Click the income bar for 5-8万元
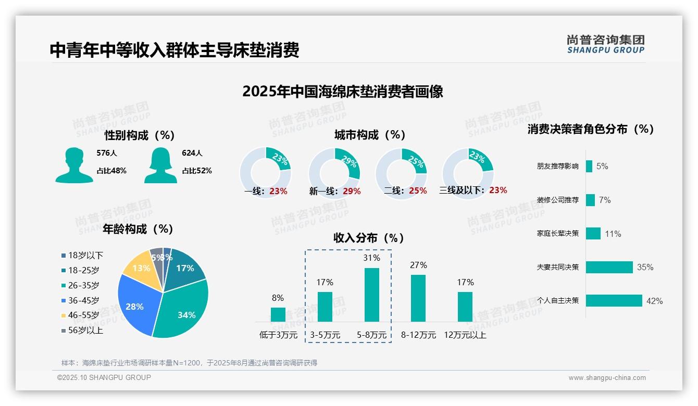click(371, 295)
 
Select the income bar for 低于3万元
click(278, 314)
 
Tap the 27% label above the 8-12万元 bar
click(418, 265)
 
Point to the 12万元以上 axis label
click(465, 335)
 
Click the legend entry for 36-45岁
click(83, 300)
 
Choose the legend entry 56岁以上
click(85, 330)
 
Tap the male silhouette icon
click(74, 166)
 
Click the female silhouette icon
click(160, 166)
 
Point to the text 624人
click(192, 153)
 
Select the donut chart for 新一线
click(334, 173)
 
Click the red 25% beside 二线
click(418, 191)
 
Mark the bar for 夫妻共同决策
click(609, 267)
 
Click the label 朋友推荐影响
click(557, 167)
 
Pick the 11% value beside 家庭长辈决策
click(613, 234)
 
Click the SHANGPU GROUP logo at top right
click(606, 44)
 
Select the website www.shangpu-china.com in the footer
click(607, 378)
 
